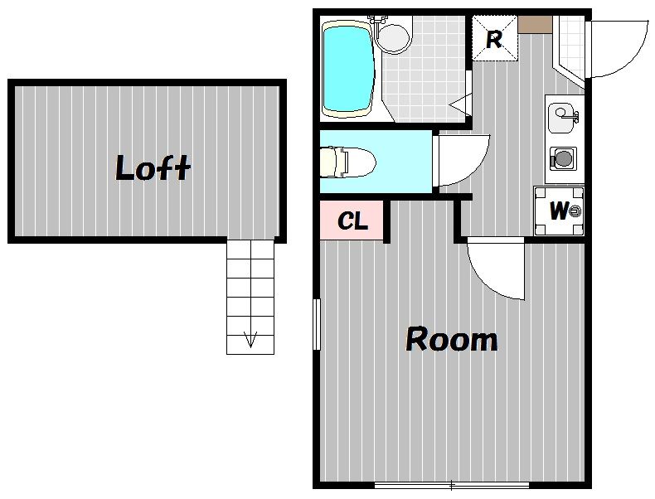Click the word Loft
(153, 168)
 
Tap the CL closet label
(352, 220)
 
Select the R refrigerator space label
(494, 40)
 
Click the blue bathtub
(347, 69)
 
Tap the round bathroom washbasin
(393, 37)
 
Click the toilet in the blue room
(347, 162)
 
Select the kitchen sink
(562, 118)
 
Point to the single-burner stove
(563, 158)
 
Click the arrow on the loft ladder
(250, 338)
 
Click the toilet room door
(461, 160)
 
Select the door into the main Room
(496, 268)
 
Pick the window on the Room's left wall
(317, 324)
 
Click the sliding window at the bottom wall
(452, 485)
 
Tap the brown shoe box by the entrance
(535, 24)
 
